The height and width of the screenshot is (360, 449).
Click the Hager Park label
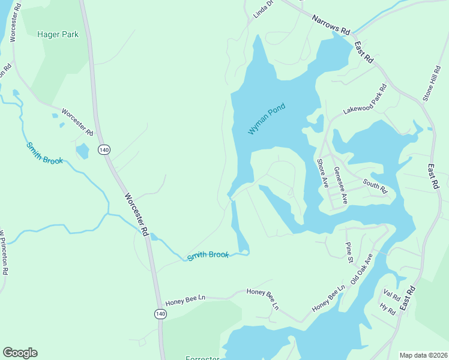(58, 35)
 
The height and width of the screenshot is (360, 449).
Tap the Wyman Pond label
(267, 119)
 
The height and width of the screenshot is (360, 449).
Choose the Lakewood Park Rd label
(365, 100)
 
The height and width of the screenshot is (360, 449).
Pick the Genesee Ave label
(340, 185)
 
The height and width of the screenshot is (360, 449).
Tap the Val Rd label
(391, 296)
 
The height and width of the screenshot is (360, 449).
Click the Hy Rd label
(387, 310)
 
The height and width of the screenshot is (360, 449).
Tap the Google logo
(20, 353)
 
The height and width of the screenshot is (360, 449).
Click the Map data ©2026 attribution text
(423, 355)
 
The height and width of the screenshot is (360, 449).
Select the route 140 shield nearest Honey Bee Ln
(160, 314)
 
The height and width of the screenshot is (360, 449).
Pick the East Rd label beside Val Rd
(408, 298)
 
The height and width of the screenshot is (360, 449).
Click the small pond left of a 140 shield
(82, 151)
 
